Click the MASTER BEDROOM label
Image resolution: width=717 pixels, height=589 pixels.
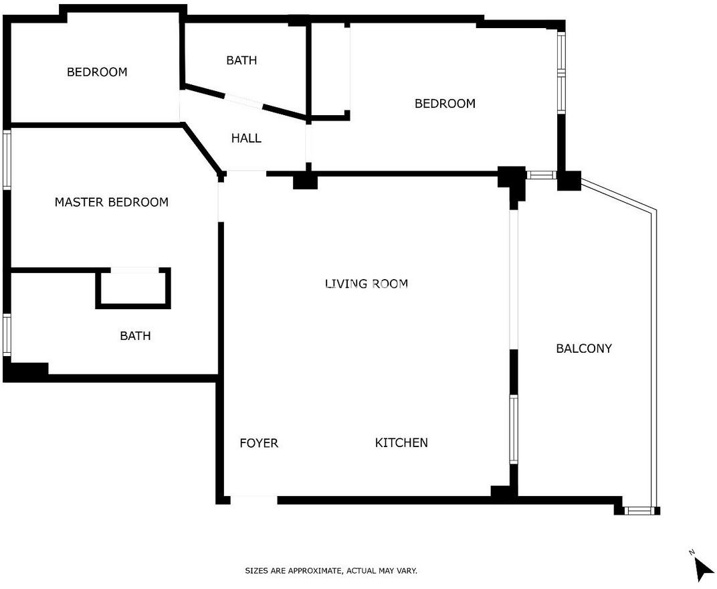[112, 202]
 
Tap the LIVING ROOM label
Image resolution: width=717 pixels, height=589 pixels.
[367, 284]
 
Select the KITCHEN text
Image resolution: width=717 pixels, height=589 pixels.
[401, 442]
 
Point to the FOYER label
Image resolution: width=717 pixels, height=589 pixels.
[259, 443]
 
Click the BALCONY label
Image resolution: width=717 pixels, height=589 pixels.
[583, 348]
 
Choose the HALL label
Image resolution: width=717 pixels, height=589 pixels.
[246, 138]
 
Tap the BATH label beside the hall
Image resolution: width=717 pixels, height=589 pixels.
[241, 60]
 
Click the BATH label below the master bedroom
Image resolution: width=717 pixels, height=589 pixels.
[135, 336]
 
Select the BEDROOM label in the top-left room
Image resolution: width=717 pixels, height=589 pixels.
[97, 72]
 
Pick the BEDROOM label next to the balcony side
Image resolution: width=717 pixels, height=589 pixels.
[445, 104]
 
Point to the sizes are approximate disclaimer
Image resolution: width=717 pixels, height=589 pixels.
[331, 571]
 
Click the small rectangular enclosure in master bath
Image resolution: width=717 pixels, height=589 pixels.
[133, 288]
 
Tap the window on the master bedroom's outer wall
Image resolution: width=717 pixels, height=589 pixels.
[7, 159]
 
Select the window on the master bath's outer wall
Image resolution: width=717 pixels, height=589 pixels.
[7, 335]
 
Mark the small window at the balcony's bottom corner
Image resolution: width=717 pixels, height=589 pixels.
[638, 510]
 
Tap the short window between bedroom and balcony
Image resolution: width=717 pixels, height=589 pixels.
[541, 175]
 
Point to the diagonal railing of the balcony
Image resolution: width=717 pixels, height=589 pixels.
[618, 195]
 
